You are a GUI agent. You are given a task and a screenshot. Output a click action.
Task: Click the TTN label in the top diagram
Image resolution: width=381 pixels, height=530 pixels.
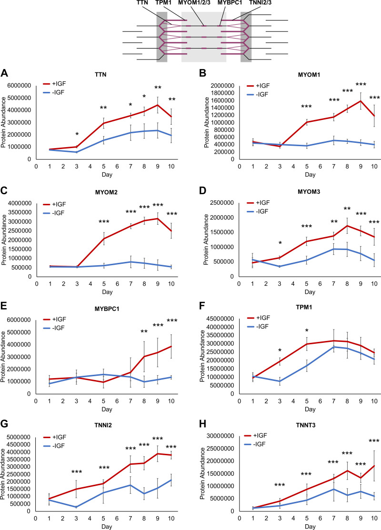[142, 3]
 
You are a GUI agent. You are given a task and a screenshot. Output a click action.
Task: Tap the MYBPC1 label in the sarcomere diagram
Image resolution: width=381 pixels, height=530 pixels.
[230, 3]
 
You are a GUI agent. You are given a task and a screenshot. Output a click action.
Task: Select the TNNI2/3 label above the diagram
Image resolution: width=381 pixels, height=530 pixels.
[260, 3]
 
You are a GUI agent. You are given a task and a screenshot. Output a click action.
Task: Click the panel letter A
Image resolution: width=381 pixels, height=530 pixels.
[4, 73]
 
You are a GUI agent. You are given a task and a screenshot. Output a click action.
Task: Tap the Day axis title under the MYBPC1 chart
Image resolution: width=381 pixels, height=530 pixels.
[107, 409]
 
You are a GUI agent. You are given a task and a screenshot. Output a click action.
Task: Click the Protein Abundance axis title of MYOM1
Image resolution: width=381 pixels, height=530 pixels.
[206, 122]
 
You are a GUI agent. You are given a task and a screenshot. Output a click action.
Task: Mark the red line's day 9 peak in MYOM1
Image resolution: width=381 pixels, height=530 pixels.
[361, 101]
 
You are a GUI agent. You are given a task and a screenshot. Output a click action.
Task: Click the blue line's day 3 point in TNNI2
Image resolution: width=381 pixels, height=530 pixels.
[76, 507]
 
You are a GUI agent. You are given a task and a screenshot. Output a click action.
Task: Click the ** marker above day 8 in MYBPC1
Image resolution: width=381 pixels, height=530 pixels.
[144, 331]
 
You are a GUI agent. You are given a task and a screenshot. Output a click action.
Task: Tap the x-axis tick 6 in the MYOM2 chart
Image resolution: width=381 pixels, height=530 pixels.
[117, 284]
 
